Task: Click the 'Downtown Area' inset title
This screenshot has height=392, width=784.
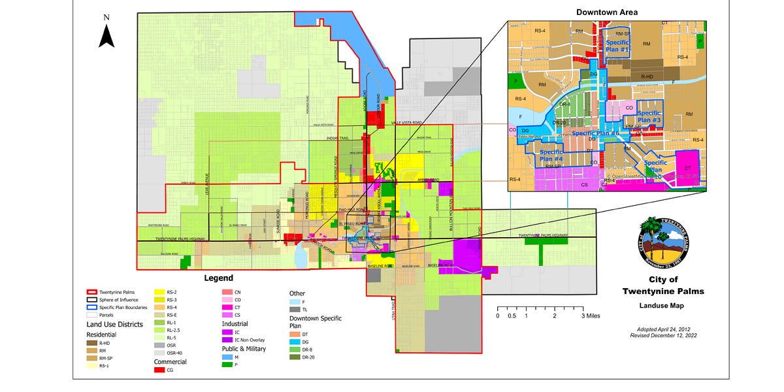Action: click(607, 12)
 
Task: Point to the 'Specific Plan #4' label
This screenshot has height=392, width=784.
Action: click(551, 155)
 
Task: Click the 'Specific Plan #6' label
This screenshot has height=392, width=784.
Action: click(595, 133)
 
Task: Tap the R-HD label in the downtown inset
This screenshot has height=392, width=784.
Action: click(647, 76)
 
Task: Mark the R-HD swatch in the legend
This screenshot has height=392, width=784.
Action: click(93, 342)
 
